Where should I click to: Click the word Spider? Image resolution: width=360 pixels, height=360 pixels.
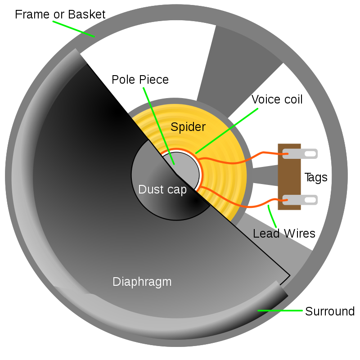[188, 127]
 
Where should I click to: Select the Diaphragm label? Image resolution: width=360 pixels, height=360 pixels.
[142, 282]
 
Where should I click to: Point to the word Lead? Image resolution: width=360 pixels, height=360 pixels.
[266, 234]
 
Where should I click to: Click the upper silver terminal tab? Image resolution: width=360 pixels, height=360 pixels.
[300, 154]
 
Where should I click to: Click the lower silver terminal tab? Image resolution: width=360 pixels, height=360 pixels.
[300, 200]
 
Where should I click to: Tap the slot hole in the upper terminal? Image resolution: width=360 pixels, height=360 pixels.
[310, 154]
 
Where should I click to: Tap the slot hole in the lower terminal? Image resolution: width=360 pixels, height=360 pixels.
[310, 200]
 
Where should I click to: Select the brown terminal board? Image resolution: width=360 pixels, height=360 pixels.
[289, 177]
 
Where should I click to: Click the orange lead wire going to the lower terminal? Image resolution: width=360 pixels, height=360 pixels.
[238, 202]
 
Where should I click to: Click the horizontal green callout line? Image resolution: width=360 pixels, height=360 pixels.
[280, 310]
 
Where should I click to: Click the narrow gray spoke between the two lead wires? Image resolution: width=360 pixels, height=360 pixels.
[265, 176]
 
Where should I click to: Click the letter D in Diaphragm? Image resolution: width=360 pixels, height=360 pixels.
[116, 282]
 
